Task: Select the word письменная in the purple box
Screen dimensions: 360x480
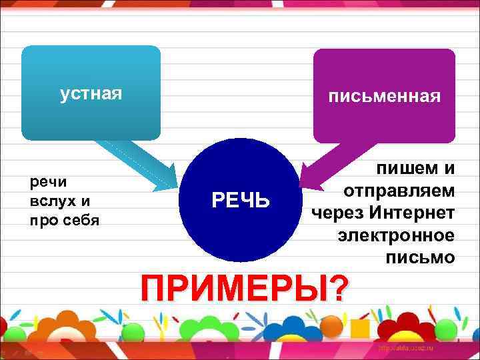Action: pyautogui.click(x=384, y=97)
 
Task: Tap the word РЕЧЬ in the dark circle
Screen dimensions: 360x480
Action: pyautogui.click(x=241, y=199)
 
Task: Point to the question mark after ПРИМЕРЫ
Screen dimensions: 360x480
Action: pyautogui.click(x=339, y=288)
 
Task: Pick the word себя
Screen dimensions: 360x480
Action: pyautogui.click(x=81, y=220)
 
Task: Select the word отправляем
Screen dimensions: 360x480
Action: pyautogui.click(x=399, y=191)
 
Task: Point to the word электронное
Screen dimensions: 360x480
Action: pyautogui.click(x=397, y=235)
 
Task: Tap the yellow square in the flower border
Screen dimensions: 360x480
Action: pyautogui.click(x=361, y=327)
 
